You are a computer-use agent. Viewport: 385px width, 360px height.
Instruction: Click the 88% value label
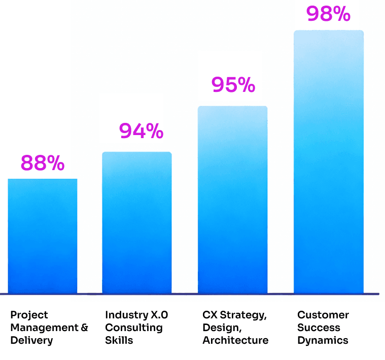click(x=43, y=163)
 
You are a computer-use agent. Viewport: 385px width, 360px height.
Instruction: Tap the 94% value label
click(x=141, y=131)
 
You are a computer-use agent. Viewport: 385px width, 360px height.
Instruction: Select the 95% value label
click(x=233, y=85)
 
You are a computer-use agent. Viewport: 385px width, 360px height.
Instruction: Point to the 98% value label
click(x=328, y=14)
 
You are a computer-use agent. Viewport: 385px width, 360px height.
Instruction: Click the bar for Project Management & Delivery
click(x=43, y=236)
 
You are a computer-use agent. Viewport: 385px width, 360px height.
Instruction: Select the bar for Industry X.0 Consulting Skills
click(x=137, y=223)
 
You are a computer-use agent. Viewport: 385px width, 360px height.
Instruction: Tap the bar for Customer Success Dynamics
click(x=329, y=162)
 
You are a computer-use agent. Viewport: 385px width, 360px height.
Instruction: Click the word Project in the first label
click(x=29, y=315)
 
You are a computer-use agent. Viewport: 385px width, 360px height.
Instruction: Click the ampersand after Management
click(x=84, y=328)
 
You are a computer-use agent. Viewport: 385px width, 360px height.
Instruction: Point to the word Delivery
click(x=31, y=340)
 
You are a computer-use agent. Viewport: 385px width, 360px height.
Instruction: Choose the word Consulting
click(x=134, y=328)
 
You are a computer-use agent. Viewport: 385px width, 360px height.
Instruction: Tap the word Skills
click(x=119, y=340)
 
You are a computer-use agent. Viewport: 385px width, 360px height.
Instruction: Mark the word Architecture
click(x=235, y=340)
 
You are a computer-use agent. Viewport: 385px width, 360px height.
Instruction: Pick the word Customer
click(x=323, y=315)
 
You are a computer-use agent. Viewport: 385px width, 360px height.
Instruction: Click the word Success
click(x=319, y=328)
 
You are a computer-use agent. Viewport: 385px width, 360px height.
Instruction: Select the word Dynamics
click(x=323, y=340)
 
